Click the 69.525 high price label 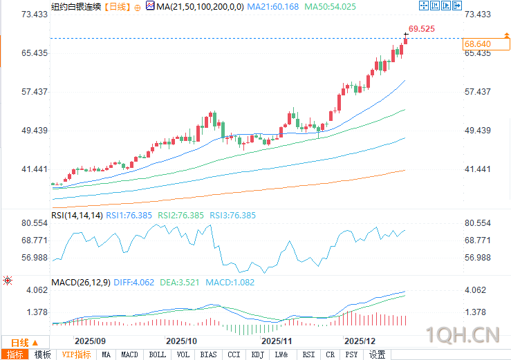tap(422, 29)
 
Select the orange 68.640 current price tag tap(477, 44)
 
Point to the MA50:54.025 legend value tap(331, 6)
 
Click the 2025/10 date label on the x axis tap(182, 341)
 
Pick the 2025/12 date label tap(360, 341)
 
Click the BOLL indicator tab tap(157, 354)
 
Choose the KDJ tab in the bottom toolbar tap(257, 354)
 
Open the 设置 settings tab tap(377, 354)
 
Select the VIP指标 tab tap(76, 354)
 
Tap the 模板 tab tap(42, 354)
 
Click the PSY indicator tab tap(352, 354)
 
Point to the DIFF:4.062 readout tap(134, 282)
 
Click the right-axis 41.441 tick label tap(477, 169)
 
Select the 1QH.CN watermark tap(463, 335)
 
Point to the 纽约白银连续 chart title tap(76, 6)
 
